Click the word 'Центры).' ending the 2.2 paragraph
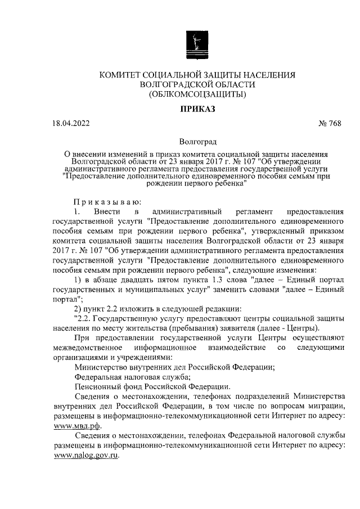pyautogui.click(x=304, y=328)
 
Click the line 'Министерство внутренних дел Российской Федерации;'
pyautogui.click(x=174, y=367)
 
